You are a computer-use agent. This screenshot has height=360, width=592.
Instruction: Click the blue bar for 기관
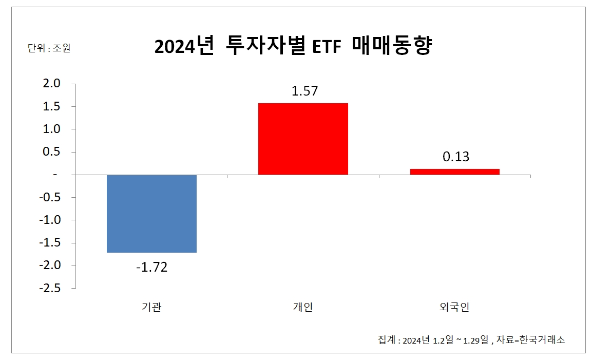click(151, 214)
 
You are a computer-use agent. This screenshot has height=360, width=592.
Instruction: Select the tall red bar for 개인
click(303, 139)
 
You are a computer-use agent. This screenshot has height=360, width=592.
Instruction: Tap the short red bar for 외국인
click(454, 172)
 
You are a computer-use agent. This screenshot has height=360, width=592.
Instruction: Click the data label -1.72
click(151, 268)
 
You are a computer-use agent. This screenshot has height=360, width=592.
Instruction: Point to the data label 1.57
click(304, 91)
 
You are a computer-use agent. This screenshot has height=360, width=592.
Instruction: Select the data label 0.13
click(456, 157)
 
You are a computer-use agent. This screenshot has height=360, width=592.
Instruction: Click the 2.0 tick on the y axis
click(50, 84)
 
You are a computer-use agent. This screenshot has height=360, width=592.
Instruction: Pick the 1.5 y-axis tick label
click(50, 106)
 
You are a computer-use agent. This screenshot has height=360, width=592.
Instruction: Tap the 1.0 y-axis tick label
click(50, 129)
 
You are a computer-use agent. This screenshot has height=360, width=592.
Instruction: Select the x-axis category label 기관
click(151, 307)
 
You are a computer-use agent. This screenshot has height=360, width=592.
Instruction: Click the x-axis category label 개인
click(303, 307)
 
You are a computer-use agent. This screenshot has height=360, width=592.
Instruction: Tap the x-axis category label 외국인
click(454, 307)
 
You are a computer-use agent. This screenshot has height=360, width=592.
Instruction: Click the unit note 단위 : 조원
click(48, 49)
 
